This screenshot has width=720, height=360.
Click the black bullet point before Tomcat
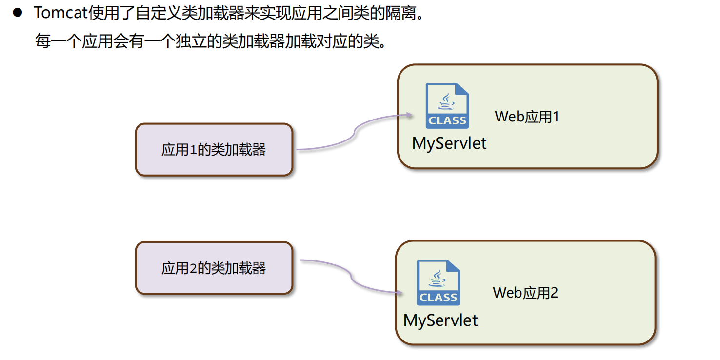18,13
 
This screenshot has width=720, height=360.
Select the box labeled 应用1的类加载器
214,149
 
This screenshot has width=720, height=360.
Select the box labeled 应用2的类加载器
214,268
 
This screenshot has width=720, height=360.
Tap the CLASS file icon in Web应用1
447,106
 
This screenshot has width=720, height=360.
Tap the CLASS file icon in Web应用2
438,283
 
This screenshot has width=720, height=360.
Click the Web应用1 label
527,117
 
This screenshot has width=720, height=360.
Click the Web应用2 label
525,293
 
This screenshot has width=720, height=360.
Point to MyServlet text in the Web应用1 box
449,143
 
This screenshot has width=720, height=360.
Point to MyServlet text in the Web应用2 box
440,320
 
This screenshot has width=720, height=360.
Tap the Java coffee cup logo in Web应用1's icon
446,101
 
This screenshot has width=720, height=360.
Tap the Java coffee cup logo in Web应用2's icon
438,279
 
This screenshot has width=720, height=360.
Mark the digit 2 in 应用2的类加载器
192,268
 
